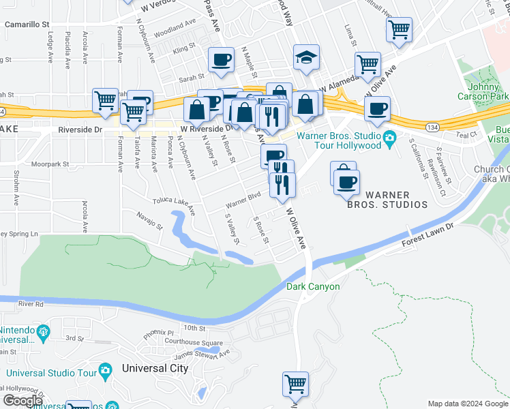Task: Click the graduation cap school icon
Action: coord(307,59)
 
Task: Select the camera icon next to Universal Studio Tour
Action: coord(104,370)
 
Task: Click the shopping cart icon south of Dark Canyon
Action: coord(295,384)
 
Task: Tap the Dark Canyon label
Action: coord(313,286)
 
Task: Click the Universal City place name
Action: coord(155,368)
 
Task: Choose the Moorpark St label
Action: coord(51,164)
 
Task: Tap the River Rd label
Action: coord(31,304)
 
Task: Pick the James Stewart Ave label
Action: coord(202,354)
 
